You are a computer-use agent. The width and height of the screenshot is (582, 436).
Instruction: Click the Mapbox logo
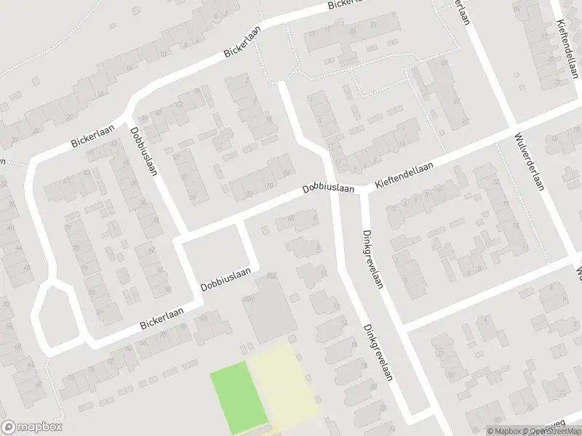(32, 427)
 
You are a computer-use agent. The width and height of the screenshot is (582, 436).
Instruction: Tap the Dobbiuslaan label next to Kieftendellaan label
(328, 188)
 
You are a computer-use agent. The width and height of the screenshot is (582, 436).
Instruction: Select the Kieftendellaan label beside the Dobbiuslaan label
(404, 177)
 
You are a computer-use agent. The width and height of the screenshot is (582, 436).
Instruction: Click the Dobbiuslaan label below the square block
(226, 281)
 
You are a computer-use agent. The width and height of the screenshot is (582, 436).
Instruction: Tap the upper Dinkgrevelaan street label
(372, 259)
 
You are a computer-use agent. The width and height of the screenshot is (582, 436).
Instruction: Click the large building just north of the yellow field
(268, 309)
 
